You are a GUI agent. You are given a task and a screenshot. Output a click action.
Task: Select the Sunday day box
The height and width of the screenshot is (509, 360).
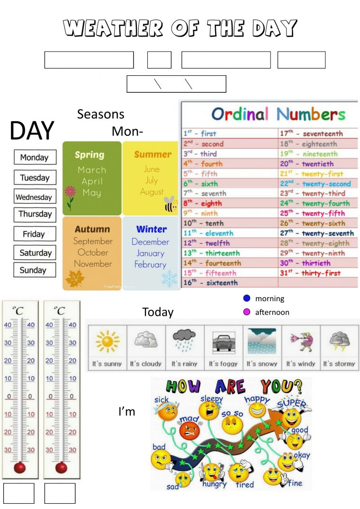tap(34, 270)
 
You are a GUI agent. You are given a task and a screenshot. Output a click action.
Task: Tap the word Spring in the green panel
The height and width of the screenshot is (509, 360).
tap(90, 155)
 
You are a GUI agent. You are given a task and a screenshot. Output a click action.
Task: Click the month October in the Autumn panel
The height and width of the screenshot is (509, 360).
tap(93, 252)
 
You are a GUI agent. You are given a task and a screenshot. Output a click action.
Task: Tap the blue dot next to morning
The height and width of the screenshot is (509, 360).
tap(246, 298)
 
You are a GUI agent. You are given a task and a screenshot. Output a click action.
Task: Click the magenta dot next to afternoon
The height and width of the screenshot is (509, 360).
tap(246, 312)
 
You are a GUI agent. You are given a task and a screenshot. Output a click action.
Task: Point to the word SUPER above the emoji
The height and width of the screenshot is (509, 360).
tap(291, 403)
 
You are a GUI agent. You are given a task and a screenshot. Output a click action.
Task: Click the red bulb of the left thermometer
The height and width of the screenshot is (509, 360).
tap(20, 468)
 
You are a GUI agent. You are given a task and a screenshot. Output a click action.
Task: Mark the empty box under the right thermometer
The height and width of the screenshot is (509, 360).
tap(60, 493)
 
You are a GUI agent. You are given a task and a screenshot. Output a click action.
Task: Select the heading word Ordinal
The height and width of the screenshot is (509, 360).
tap(240, 114)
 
